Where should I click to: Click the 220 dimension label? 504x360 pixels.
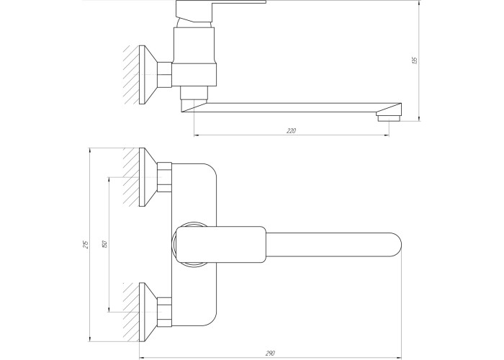[291, 131]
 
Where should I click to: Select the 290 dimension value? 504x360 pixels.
[270, 354]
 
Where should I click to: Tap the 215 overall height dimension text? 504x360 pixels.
[86, 245]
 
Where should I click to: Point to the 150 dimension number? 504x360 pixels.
[104, 244]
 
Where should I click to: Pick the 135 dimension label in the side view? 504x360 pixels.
[414, 60]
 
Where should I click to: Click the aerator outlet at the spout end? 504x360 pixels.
[389, 118]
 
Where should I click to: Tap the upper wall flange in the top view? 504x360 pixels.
[148, 177]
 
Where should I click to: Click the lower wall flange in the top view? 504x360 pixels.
[148, 312]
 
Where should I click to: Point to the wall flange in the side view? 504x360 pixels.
[148, 75]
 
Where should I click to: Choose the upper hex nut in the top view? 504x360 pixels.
[165, 177]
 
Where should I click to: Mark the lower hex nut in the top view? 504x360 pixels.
[165, 312]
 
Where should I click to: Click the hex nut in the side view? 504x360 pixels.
[165, 75]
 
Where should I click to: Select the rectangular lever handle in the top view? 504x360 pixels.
[221, 245]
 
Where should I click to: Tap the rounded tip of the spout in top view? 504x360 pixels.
[396, 245]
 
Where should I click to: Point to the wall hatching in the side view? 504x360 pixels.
[131, 75]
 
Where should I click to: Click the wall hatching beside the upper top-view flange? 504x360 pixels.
[131, 177]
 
